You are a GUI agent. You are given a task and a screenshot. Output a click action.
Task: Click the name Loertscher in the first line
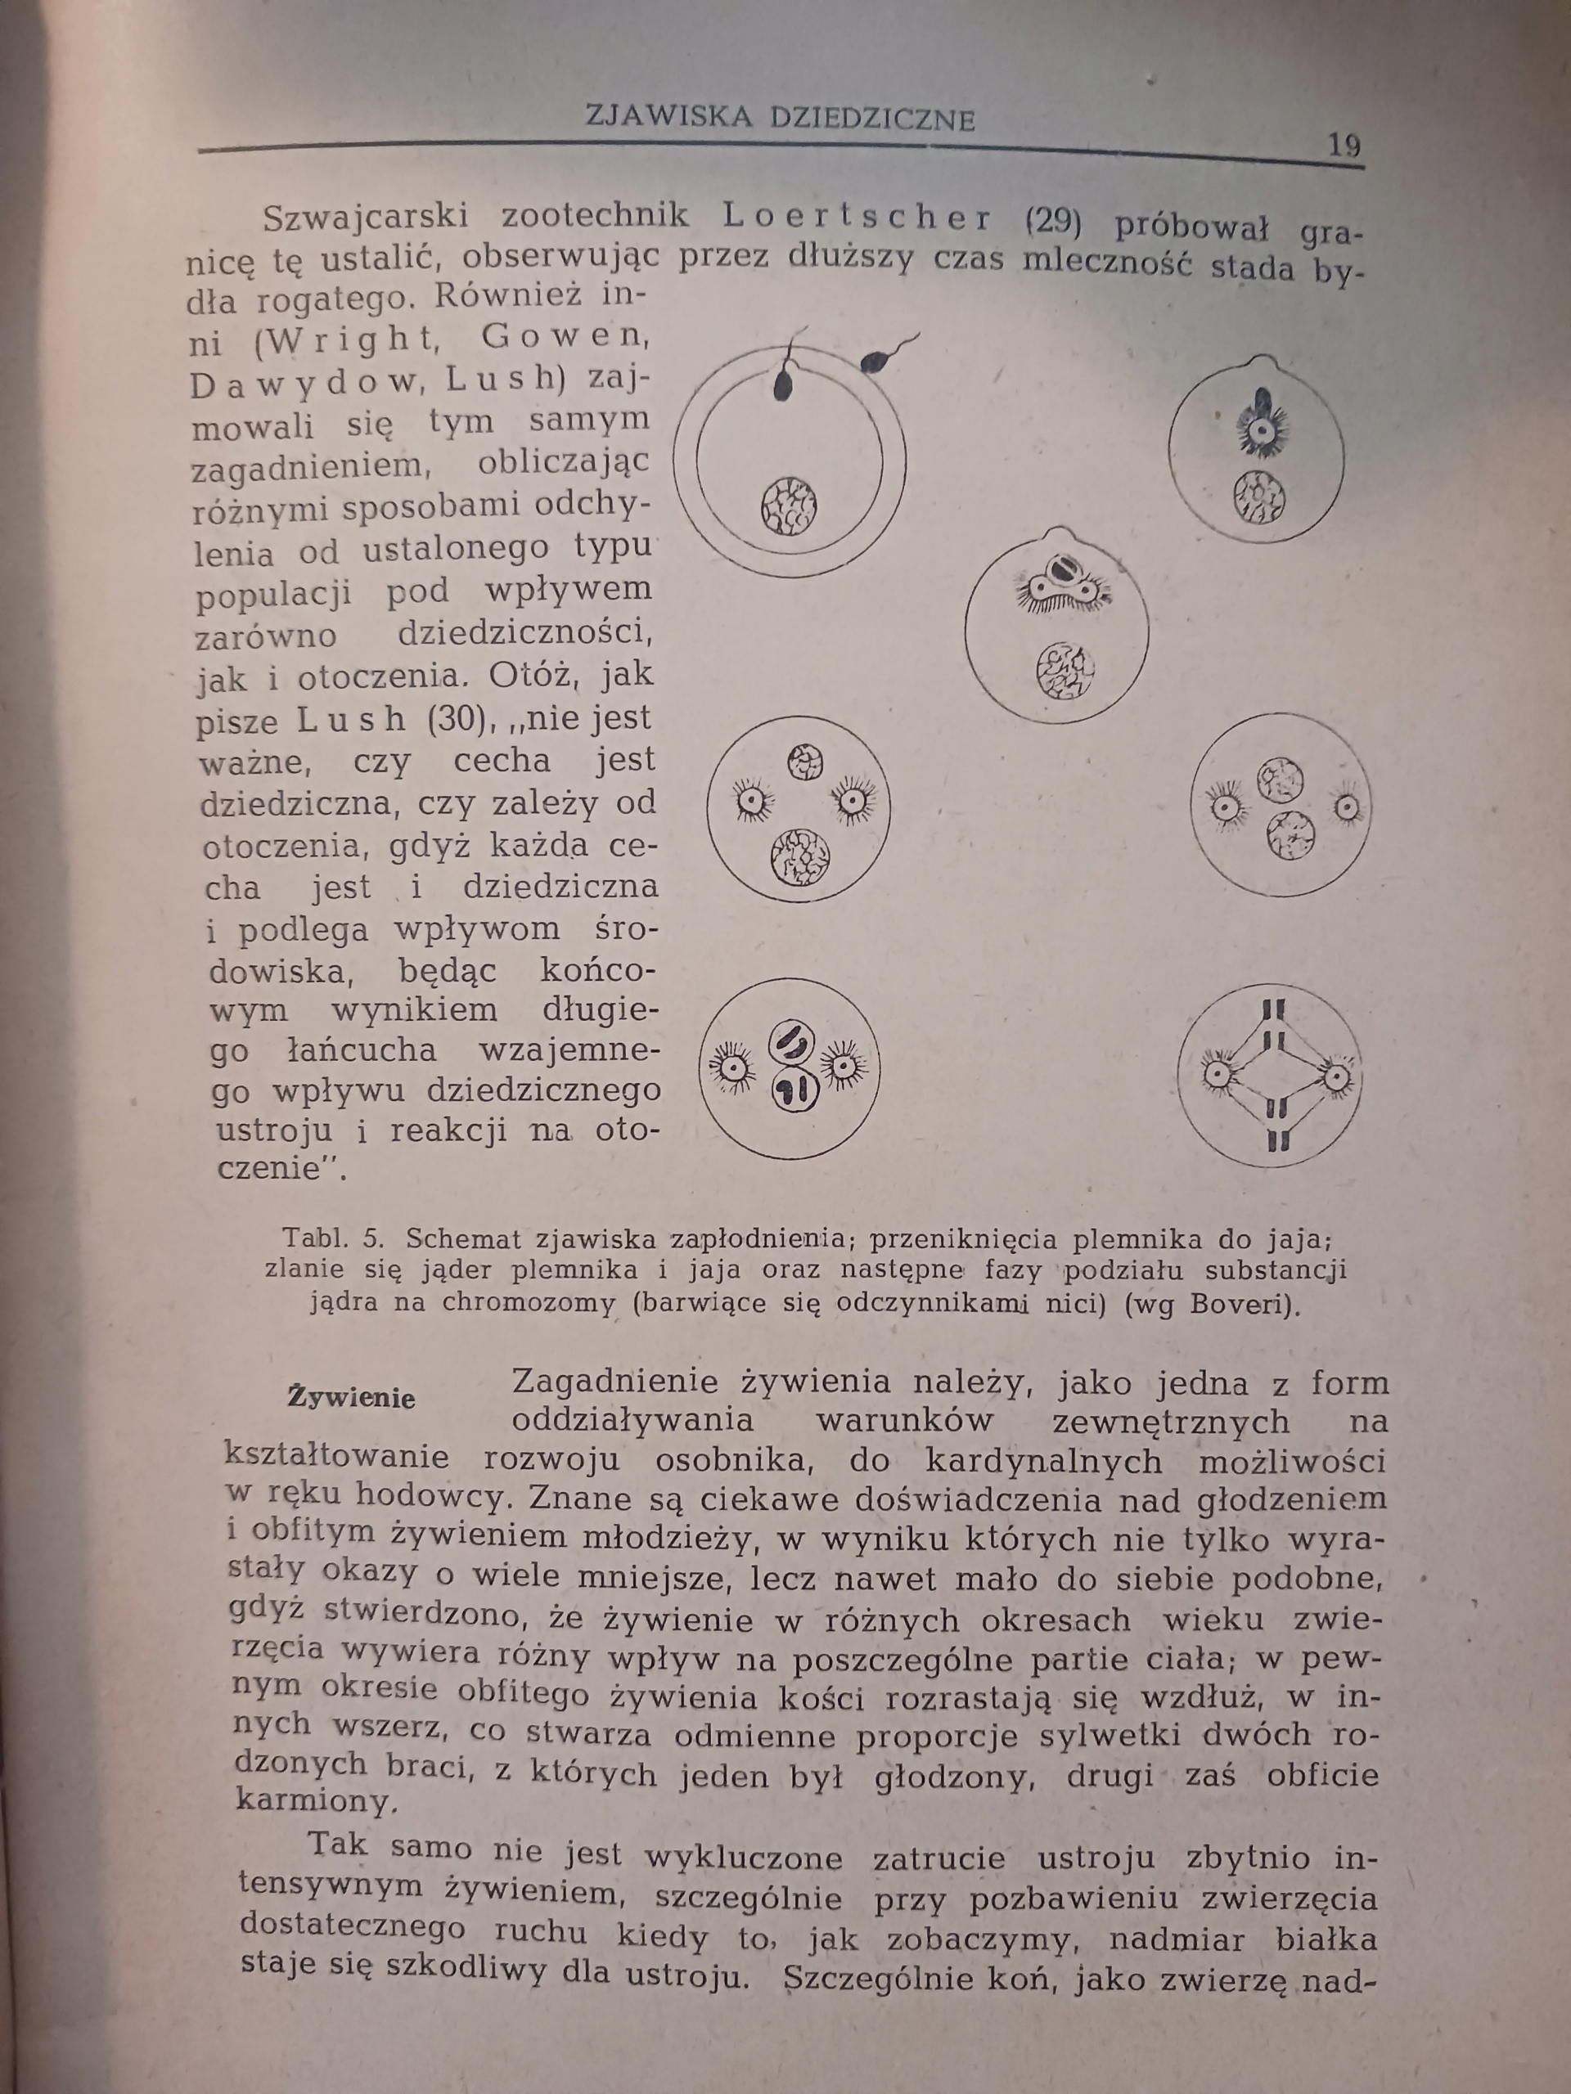pyautogui.click(x=857, y=218)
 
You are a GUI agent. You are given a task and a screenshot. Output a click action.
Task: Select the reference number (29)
pyautogui.click(x=1053, y=222)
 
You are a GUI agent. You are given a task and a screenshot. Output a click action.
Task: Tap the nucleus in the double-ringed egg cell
pyautogui.click(x=789, y=506)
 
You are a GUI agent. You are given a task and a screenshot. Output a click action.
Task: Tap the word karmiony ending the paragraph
pyautogui.click(x=313, y=1800)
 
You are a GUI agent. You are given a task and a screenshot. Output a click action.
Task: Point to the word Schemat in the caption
pyautogui.click(x=463, y=1238)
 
